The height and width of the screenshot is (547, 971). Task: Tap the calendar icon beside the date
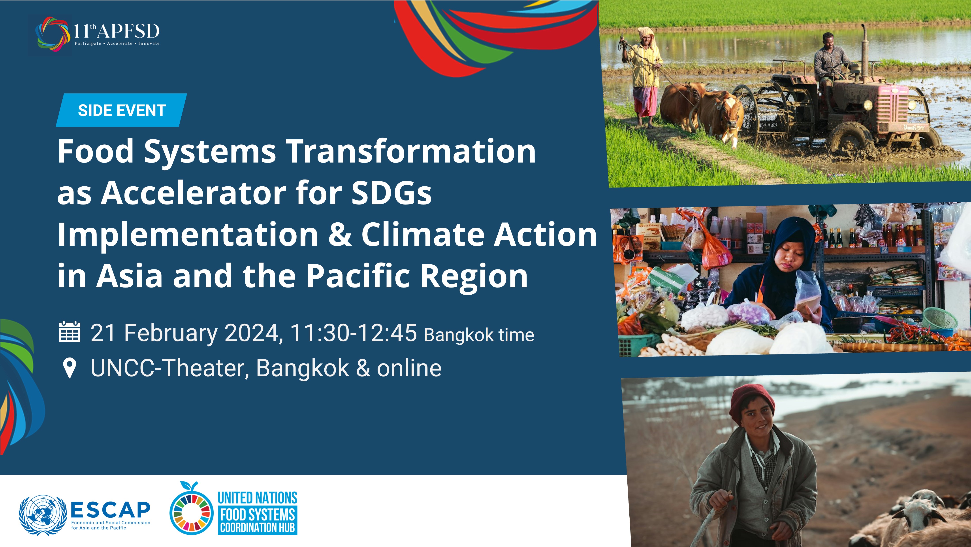coord(70,332)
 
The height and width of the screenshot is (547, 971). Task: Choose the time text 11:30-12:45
coord(354,333)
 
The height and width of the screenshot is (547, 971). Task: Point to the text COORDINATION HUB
coord(258,527)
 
